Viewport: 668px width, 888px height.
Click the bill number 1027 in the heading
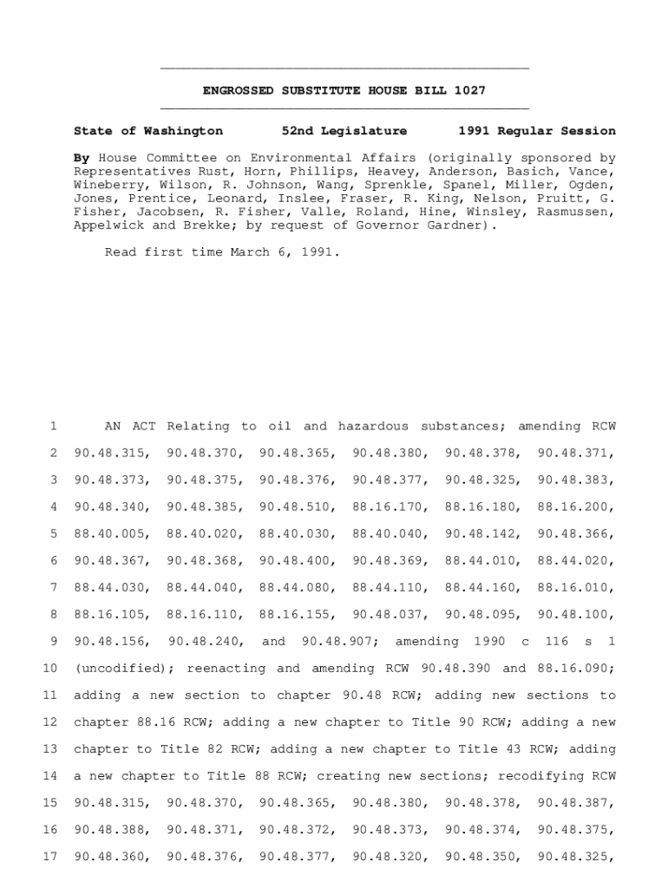pos(468,90)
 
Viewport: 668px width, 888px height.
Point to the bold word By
pos(82,159)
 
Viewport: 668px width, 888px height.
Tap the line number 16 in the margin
pos(49,830)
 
